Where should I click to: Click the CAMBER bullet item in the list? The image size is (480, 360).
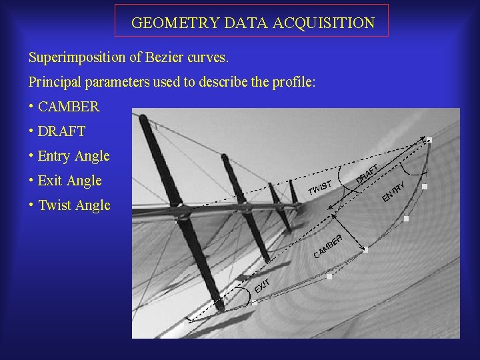point(69,107)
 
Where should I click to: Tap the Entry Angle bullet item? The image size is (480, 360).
point(73,156)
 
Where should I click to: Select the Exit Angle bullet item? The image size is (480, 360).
point(69,181)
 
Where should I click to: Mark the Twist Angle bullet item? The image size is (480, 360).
point(74,205)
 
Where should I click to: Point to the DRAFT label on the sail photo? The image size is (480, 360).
point(367,173)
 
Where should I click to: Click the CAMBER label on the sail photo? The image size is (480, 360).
point(329,245)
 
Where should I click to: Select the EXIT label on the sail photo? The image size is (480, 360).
point(262,286)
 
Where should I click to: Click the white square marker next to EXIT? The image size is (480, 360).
point(254,303)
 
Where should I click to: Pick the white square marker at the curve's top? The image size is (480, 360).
point(429,140)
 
